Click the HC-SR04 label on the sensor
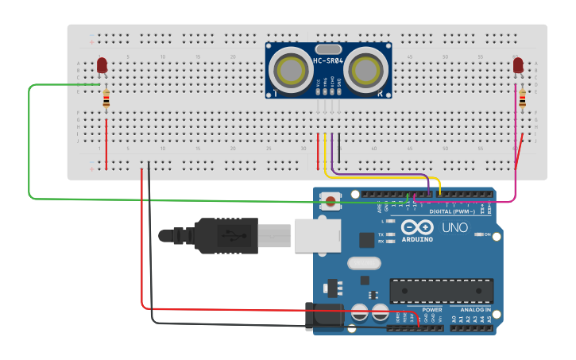[x=328, y=60]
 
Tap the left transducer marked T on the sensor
[x=289, y=68]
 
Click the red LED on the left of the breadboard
[x=102, y=65]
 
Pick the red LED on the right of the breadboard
[x=518, y=65]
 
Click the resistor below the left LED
[x=107, y=99]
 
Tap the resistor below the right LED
[x=522, y=99]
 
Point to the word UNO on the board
[x=454, y=228]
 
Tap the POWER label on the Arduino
[x=431, y=309]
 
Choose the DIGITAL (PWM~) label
[x=451, y=211]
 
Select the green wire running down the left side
[x=29, y=143]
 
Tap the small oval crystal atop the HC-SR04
[x=328, y=49]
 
